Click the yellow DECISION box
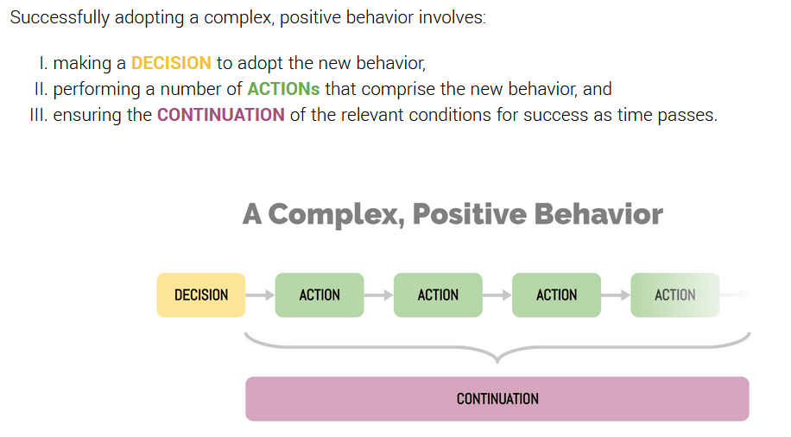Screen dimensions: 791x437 [201, 295]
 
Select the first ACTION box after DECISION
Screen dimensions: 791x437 [320, 295]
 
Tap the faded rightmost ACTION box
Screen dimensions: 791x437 [675, 295]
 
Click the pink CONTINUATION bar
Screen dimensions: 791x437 [497, 399]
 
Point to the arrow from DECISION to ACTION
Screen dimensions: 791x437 [260, 295]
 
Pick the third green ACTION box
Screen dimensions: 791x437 [556, 295]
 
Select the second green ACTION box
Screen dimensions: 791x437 [438, 295]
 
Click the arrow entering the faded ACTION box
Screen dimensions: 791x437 [616, 295]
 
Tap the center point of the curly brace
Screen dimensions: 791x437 [497, 359]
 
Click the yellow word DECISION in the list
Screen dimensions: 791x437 [171, 63]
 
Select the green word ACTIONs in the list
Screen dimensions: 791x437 [283, 89]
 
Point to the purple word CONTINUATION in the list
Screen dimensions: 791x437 [221, 115]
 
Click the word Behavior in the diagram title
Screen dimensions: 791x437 [598, 214]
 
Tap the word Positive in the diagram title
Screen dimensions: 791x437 [469, 214]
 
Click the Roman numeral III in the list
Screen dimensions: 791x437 [38, 115]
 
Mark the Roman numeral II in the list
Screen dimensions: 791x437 [41, 89]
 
